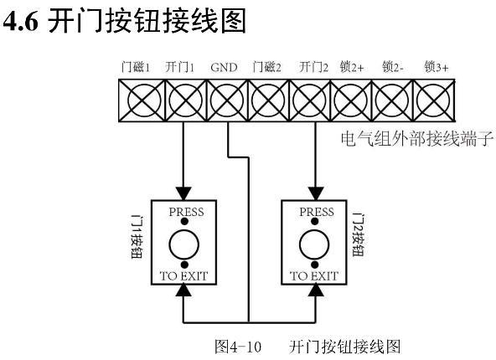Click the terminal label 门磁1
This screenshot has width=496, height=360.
136,67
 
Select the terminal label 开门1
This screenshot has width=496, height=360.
179,67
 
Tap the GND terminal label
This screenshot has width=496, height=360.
224,67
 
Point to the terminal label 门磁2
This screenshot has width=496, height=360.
266,67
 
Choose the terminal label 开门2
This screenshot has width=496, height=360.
313,67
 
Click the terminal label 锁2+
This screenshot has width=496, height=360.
352,67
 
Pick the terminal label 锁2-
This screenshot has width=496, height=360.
393,67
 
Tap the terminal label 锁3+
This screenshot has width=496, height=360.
437,67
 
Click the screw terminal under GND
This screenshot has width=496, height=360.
227,100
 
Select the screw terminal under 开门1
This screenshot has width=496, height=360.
186,100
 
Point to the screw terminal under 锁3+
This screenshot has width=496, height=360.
434,100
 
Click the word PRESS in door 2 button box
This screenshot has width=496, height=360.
317,212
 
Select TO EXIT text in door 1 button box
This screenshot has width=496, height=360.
183,276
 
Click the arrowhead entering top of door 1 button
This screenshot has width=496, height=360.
183,193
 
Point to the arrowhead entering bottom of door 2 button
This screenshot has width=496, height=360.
315,291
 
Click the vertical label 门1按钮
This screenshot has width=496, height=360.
137,237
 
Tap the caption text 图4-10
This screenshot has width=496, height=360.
238,347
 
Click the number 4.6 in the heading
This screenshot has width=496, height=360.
21,21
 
